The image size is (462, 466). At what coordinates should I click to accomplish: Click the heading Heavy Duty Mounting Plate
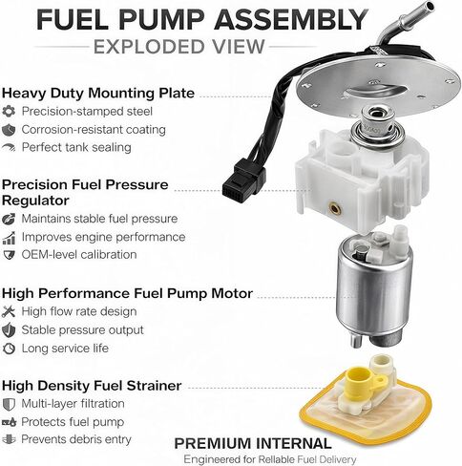coord(97,93)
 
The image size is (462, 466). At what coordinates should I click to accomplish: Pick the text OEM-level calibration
coord(78,255)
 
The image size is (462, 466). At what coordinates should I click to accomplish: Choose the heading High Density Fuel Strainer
coord(92,385)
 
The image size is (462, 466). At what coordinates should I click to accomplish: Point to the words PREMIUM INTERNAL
coord(252,444)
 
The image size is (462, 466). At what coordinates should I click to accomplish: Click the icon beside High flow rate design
coord(10,311)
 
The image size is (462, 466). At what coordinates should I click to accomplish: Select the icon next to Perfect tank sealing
coord(10,147)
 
